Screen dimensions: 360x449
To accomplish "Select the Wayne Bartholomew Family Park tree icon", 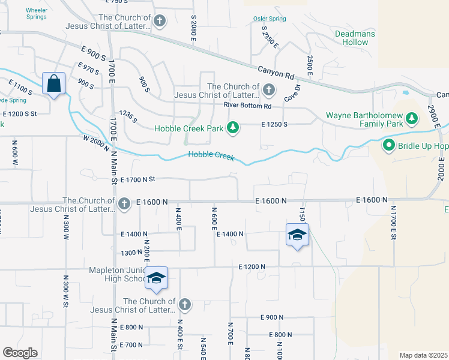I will pos(412,119).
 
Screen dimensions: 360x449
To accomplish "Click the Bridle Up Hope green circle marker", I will pos(388,145).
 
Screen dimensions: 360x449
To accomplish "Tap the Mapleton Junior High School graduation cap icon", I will pos(156,278).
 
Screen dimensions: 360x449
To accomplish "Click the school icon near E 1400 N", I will pos(297,235).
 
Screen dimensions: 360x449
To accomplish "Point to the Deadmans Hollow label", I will pos(355,38).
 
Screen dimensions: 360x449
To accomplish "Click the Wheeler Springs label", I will pos(37,13).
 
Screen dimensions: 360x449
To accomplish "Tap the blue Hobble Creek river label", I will pos(211,155).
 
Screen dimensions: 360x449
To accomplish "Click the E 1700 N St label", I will pos(137,179).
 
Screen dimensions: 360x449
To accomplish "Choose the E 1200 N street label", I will pos(252,266).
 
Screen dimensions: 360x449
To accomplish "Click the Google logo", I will pos(20,353).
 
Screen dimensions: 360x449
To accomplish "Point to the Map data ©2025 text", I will pos(423,355).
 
